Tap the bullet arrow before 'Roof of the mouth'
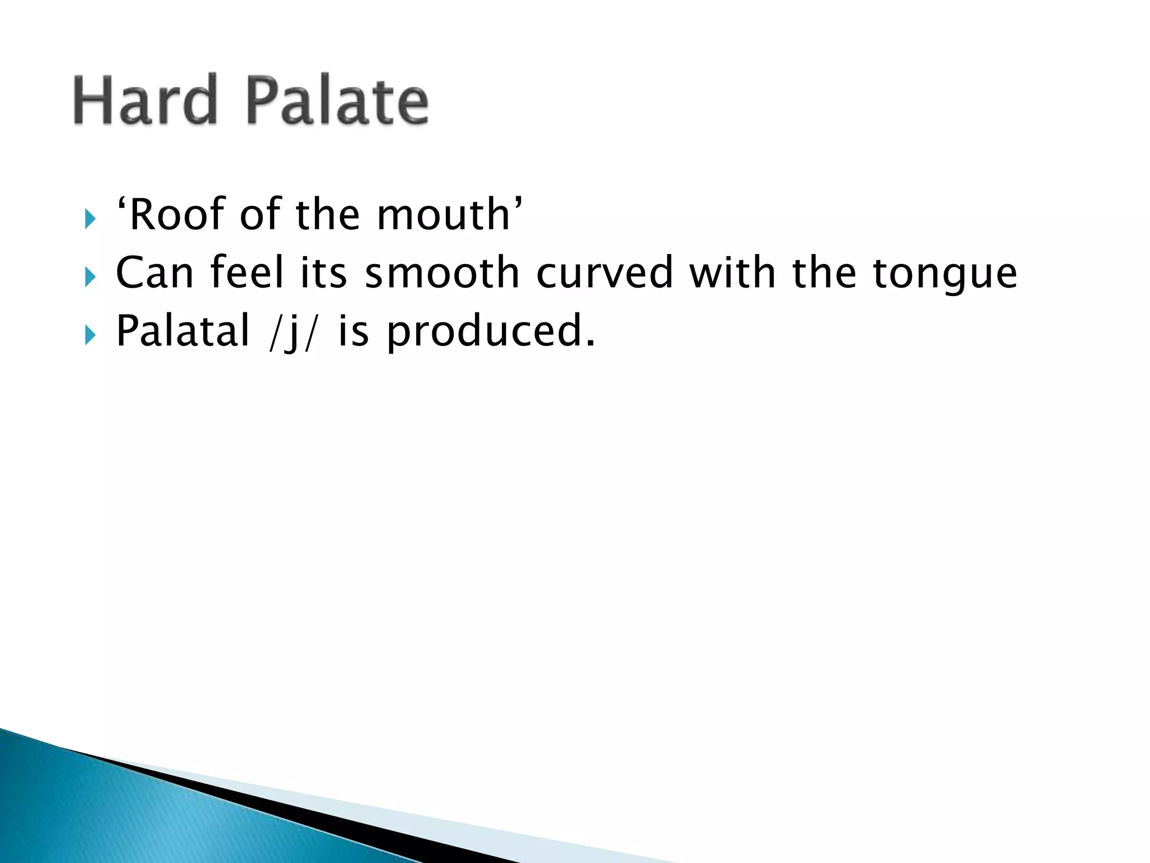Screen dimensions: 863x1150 pos(90,219)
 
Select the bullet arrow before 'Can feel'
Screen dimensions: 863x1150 pos(90,276)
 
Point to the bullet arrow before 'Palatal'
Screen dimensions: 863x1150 pos(90,335)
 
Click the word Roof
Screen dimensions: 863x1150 pos(175,215)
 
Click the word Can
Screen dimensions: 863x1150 pos(154,273)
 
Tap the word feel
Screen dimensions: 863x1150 pos(247,273)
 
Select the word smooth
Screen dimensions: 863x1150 pos(442,273)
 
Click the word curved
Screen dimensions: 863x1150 pos(604,273)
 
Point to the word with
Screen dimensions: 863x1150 pos(732,273)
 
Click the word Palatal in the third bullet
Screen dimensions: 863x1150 pos(182,331)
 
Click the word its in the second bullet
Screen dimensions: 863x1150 pos(323,273)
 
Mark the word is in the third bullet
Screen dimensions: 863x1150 pos(353,331)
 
